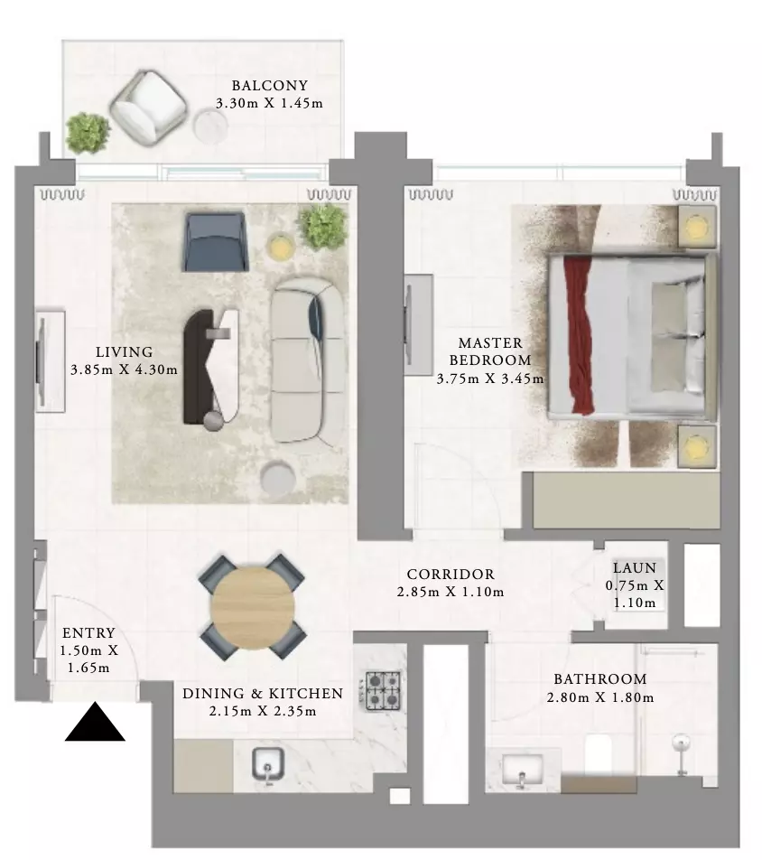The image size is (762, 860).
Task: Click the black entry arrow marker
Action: [x=95, y=723]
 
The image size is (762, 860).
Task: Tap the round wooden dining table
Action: [x=253, y=606]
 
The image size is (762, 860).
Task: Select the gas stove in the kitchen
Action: [x=383, y=690]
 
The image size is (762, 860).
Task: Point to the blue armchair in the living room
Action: [x=215, y=242]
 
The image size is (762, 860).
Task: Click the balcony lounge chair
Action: [x=148, y=108]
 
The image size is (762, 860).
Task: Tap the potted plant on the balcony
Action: [x=88, y=134]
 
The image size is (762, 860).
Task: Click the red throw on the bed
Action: [x=579, y=335]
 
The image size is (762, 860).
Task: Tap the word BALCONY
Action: [x=270, y=86]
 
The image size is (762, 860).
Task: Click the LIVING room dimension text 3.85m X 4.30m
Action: [x=125, y=369]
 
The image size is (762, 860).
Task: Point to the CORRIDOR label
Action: [x=451, y=575]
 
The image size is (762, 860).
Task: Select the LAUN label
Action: [x=635, y=567]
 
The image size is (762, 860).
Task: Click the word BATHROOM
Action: [x=600, y=679]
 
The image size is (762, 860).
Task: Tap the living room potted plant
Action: [x=324, y=227]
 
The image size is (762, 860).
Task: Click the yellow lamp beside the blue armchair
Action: [x=281, y=246]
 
